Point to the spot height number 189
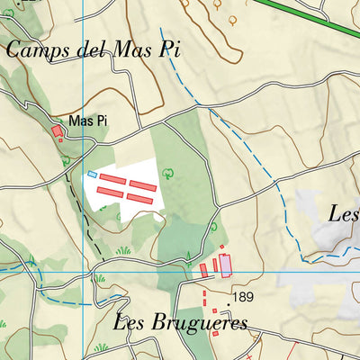(x=243, y=295)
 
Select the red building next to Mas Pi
(x=57, y=131)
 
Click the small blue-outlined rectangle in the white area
(x=91, y=174)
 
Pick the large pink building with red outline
(x=225, y=265)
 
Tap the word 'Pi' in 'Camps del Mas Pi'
(x=169, y=49)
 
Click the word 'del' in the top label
(x=89, y=49)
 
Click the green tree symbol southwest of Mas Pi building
(x=67, y=161)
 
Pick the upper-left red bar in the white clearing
(x=112, y=180)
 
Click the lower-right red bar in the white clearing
(x=139, y=198)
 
